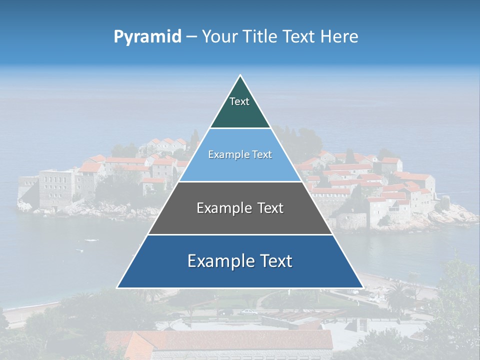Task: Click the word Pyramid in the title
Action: point(147,36)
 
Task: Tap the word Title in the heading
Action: point(262,36)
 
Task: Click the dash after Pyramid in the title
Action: point(191,37)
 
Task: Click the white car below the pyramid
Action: point(248,312)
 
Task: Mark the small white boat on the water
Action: point(91,240)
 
